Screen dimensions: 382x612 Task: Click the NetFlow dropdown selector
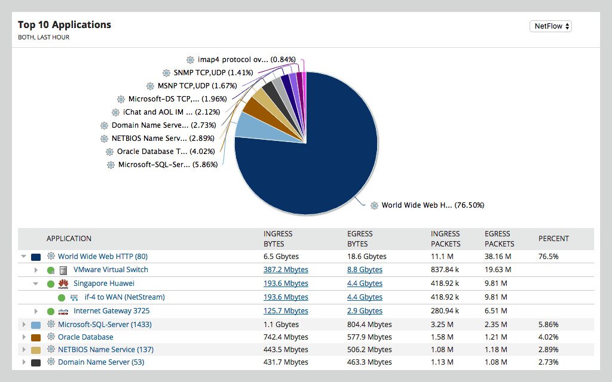[550, 26]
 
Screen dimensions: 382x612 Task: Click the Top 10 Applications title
[65, 25]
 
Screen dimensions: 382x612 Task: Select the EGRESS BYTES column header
[360, 239]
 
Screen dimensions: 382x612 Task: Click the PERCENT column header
[553, 239]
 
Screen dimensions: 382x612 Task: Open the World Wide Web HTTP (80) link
[102, 257]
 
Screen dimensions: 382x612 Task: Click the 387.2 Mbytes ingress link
[286, 270]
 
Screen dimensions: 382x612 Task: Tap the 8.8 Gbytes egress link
[365, 270]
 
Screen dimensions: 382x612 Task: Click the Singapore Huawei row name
[104, 284]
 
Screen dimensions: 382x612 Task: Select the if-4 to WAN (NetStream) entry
[124, 297]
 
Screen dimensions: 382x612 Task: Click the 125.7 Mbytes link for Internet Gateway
[286, 311]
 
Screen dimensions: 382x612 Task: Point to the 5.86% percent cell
[548, 325]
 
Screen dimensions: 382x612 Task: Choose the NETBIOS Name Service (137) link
[105, 350]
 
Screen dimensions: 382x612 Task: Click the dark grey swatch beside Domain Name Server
[36, 363]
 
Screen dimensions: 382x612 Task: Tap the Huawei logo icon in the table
[63, 284]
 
